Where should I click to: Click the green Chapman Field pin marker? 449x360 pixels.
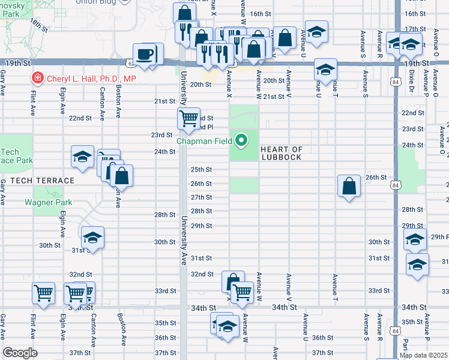(x=242, y=141)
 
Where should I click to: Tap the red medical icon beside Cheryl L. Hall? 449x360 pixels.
(x=37, y=78)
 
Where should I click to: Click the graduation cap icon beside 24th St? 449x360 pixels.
(x=82, y=157)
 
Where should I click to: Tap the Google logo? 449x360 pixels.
(x=20, y=352)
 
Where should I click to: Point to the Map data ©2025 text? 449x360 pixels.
(x=423, y=355)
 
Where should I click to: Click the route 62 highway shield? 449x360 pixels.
(x=131, y=62)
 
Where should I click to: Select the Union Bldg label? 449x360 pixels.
(x=97, y=2)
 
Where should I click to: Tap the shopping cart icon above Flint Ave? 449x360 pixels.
(x=43, y=293)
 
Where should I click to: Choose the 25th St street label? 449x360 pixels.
(x=201, y=170)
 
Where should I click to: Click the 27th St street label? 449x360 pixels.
(x=201, y=197)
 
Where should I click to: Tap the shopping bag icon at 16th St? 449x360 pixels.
(x=184, y=14)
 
